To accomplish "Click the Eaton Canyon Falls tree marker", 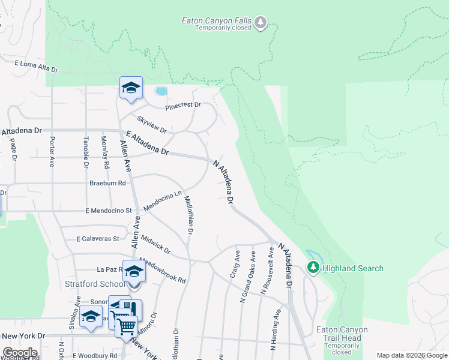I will point(261,23).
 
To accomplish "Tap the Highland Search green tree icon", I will point(312,268).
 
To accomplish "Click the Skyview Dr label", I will point(151,124).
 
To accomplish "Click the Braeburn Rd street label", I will point(108,183).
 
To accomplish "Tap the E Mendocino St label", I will point(108,211).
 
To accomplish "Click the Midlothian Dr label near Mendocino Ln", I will point(188,214).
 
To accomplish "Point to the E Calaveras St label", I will point(98,238).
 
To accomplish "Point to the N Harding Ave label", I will point(276,329).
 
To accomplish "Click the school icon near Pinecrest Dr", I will point(131,89).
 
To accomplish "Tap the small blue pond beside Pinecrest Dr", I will point(160,91).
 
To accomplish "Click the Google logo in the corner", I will point(19,353).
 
